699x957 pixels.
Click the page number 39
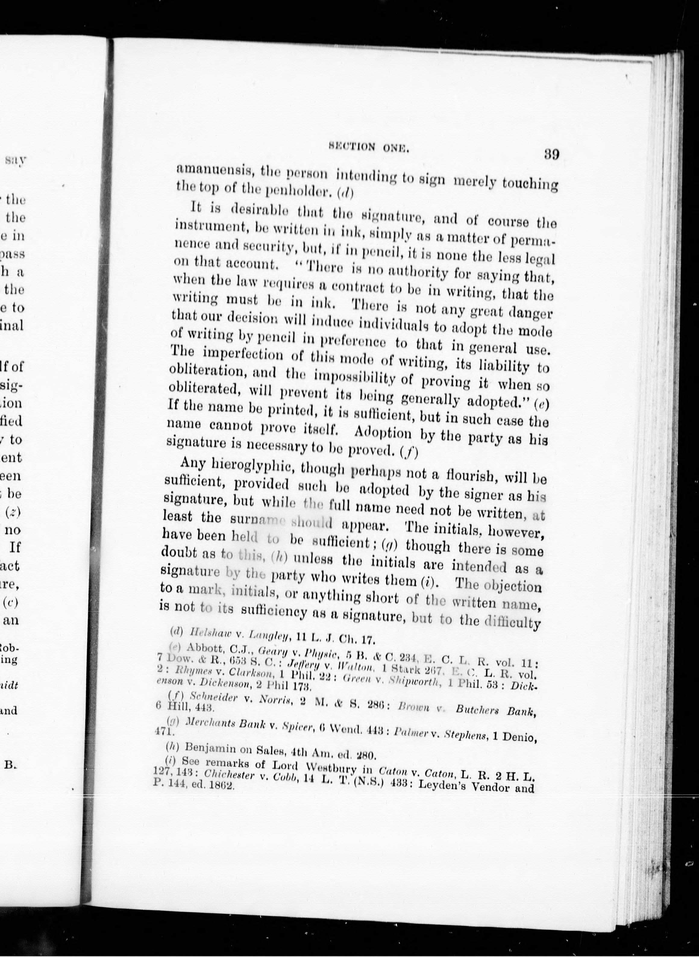551,154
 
